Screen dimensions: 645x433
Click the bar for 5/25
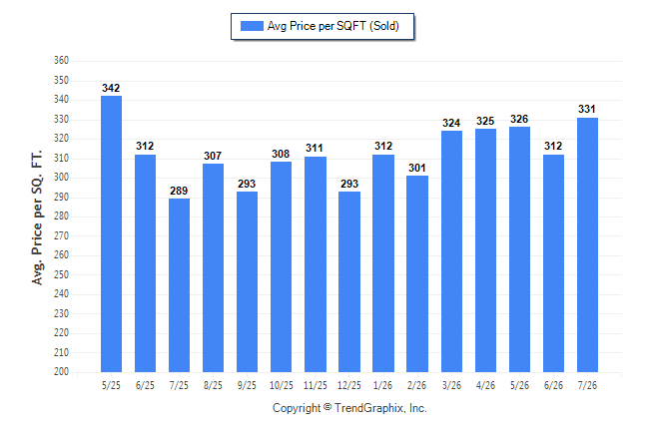[111, 234]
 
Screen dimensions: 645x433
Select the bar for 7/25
[179, 285]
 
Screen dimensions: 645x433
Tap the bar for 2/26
[417, 273]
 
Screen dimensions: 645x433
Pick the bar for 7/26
[587, 245]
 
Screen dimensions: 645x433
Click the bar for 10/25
[281, 266]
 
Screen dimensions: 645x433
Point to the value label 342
[111, 88]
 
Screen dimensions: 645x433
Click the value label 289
[179, 191]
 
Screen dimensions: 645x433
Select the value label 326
[519, 120]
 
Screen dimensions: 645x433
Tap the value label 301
[417, 168]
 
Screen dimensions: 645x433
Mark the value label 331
[587, 109]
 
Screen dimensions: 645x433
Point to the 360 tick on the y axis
[61, 61]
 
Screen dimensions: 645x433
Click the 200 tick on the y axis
[61, 371]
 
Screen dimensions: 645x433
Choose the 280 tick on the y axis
[61, 216]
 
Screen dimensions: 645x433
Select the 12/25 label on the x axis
[349, 385]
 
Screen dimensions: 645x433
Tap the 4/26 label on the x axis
[485, 385]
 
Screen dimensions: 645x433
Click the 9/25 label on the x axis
[247, 385]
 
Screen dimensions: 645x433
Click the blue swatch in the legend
[252, 26]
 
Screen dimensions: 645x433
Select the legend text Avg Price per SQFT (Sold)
[333, 26]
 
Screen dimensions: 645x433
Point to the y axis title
[37, 217]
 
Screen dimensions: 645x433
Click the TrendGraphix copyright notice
[349, 408]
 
